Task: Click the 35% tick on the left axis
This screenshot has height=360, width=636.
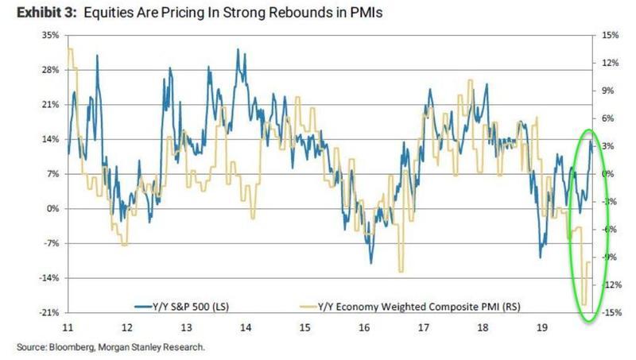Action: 50,36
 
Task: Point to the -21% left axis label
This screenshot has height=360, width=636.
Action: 48,313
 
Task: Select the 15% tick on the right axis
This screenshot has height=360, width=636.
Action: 611,36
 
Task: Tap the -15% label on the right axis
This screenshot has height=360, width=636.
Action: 611,313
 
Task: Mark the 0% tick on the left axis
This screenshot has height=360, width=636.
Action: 52,209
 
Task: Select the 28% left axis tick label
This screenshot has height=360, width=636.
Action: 50,71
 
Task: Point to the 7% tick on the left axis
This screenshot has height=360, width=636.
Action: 52,174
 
